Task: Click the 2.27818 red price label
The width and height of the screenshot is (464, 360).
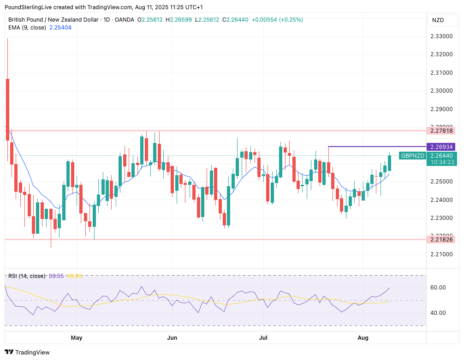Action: pos(442,130)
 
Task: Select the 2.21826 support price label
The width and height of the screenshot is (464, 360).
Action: pos(442,239)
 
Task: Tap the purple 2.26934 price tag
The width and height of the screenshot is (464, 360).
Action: pos(442,147)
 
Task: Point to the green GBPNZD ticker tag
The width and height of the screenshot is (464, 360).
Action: pos(412,156)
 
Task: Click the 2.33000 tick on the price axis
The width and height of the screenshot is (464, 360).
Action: pos(441,36)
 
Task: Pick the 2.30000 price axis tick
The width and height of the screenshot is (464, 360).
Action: pos(441,91)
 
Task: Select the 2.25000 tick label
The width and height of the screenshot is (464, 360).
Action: pos(441,182)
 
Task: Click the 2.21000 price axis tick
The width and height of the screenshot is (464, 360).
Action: pos(441,254)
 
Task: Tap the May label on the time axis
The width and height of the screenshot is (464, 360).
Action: pos(77,338)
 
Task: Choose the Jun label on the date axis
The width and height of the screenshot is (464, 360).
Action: pos(172,338)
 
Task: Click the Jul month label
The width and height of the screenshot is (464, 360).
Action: pos(263,338)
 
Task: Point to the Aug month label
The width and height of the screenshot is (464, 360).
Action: pos(363,338)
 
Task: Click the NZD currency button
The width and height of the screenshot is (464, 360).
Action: pos(438,20)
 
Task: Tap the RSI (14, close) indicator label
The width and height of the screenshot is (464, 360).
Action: pos(27,276)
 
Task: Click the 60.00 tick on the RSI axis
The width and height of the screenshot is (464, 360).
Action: pos(438,288)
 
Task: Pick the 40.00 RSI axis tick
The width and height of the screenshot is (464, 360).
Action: pos(438,313)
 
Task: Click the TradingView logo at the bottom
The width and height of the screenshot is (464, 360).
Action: pos(28,352)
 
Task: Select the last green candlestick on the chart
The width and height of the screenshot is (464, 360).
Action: pos(390,163)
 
